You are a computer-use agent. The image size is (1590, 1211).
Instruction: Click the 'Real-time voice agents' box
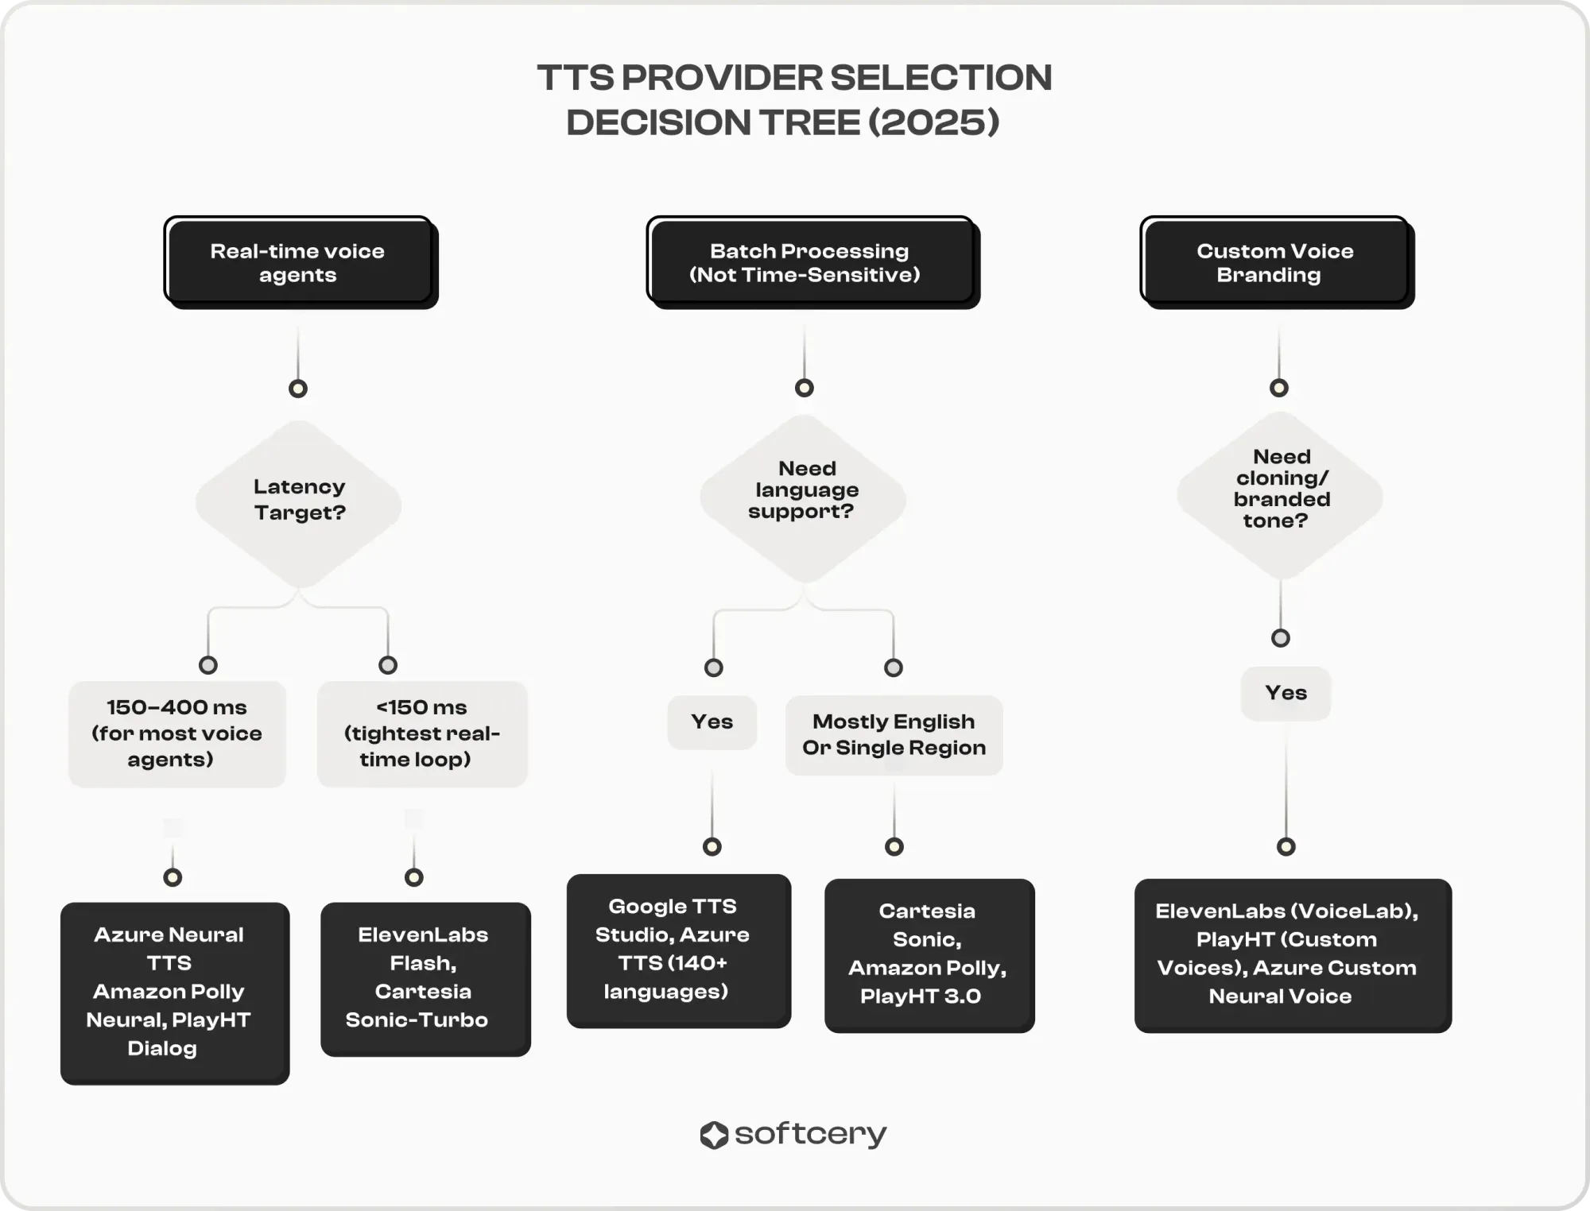(301, 262)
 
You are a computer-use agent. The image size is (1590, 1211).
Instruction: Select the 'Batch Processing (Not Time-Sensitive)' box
(813, 262)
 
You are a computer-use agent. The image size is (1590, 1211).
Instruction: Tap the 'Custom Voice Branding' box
(1278, 262)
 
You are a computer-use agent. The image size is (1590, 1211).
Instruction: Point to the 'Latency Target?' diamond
(299, 504)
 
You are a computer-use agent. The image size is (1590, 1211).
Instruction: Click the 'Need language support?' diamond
(804, 498)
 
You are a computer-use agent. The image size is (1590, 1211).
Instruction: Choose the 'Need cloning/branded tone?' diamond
(1280, 494)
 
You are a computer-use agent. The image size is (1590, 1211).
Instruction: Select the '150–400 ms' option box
(177, 733)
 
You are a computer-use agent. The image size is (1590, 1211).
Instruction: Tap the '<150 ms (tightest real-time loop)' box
(422, 733)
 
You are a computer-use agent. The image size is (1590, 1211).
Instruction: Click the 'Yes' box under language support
(712, 722)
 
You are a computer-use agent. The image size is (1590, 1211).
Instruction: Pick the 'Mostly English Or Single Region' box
(894, 735)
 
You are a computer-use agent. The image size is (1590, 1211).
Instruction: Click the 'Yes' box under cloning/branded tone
(1286, 693)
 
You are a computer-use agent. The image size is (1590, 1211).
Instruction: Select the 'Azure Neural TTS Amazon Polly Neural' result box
(175, 993)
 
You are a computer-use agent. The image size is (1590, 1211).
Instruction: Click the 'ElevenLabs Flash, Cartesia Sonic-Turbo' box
(425, 979)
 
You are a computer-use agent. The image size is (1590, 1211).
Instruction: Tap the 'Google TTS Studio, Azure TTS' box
(679, 951)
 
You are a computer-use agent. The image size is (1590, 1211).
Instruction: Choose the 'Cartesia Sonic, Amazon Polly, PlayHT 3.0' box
(929, 955)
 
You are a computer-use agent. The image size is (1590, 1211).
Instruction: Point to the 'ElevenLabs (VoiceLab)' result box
(1293, 955)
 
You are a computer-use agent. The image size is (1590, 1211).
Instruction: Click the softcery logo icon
(714, 1135)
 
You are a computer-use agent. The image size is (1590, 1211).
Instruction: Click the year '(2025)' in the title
(934, 122)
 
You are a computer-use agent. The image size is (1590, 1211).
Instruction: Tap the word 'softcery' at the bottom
(810, 1135)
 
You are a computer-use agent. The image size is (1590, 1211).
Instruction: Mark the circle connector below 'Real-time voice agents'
(298, 389)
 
